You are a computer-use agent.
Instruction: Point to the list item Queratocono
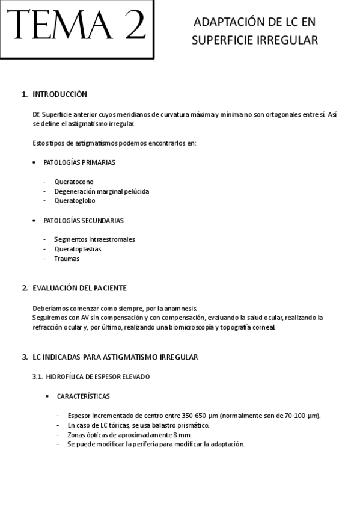pyautogui.click(x=74, y=182)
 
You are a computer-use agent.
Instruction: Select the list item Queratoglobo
pyautogui.click(x=75, y=201)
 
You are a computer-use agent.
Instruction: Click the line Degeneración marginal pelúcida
pyautogui.click(x=102, y=191)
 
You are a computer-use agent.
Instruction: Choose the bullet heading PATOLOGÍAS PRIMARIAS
pyautogui.click(x=79, y=162)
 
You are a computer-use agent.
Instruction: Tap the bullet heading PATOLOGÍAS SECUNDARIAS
pyautogui.click(x=84, y=220)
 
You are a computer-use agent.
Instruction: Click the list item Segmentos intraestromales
pyautogui.click(x=94, y=239)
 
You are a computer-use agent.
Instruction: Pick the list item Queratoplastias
pyautogui.click(x=78, y=249)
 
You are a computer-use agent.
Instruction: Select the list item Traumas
pyautogui.click(x=67, y=259)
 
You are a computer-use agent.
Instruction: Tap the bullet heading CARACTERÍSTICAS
pyautogui.click(x=83, y=396)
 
